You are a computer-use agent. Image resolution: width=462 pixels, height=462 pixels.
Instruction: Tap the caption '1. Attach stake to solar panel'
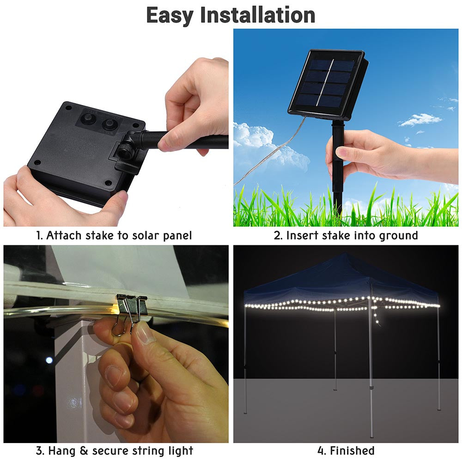coord(114,236)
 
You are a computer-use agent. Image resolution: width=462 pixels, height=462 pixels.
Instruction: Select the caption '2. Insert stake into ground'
coord(346,236)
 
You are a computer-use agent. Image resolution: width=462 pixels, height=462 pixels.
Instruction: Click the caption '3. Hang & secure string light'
coord(115,450)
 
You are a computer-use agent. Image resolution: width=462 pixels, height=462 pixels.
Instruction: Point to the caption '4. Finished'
coord(346,450)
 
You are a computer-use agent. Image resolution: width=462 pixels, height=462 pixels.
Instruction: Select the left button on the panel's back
coord(86,121)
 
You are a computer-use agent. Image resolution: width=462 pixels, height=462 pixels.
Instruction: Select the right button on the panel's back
coord(109,124)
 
